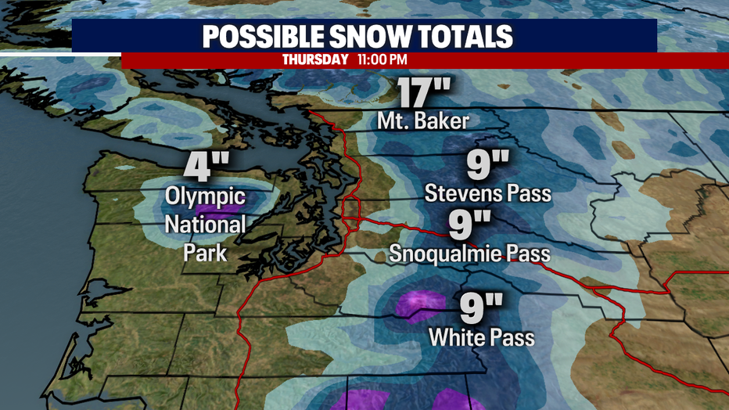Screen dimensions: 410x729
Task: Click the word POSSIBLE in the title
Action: (x=269, y=37)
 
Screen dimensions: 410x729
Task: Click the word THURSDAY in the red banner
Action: (x=315, y=59)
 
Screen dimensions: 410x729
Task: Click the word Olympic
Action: (x=205, y=197)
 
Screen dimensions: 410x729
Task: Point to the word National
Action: (x=205, y=225)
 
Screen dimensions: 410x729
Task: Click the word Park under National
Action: (x=205, y=253)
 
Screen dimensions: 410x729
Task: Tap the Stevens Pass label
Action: (x=488, y=192)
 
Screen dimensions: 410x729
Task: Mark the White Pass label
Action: (x=482, y=338)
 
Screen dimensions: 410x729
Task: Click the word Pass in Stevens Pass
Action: (x=528, y=192)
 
